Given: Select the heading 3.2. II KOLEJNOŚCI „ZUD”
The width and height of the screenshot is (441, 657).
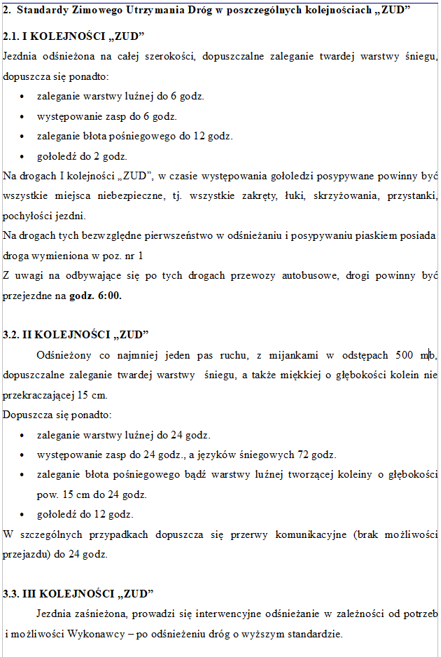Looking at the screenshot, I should click(x=76, y=334).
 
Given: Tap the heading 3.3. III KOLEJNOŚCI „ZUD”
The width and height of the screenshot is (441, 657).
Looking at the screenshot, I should click(x=78, y=593).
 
